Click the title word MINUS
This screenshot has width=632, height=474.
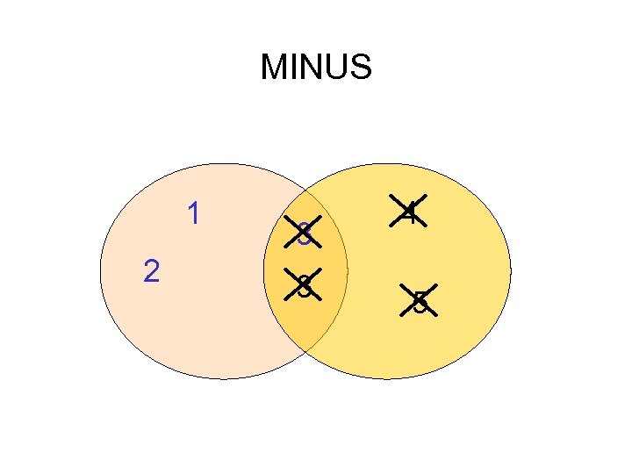click(x=316, y=67)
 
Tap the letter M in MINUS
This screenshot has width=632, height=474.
click(x=274, y=67)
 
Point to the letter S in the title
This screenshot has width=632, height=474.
click(x=360, y=67)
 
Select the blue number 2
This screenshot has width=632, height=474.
click(x=151, y=272)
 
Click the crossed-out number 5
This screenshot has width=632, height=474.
click(x=420, y=301)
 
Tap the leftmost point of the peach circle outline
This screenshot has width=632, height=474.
click(x=100, y=271)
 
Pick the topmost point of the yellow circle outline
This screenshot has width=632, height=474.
click(x=387, y=164)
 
